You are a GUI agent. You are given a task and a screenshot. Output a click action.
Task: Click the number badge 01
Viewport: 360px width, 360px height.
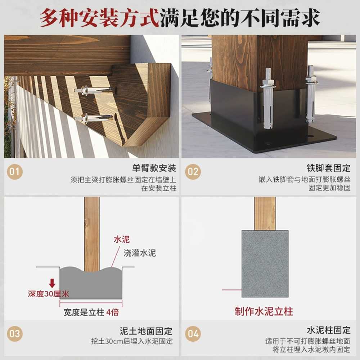click(15, 171)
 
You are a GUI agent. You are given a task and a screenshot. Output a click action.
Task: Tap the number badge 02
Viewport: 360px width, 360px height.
click(193, 171)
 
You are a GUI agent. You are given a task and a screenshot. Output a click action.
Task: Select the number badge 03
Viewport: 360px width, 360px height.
click(15, 333)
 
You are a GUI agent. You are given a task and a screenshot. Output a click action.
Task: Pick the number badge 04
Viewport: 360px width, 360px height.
click(193, 333)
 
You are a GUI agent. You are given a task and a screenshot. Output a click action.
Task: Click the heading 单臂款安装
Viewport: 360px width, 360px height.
click(154, 168)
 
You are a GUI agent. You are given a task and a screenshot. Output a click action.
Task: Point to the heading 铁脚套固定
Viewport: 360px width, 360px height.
click(329, 168)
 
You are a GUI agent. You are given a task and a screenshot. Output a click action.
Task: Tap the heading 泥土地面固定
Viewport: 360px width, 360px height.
click(146, 331)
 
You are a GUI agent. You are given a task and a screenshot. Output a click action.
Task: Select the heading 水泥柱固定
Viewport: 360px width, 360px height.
click(329, 330)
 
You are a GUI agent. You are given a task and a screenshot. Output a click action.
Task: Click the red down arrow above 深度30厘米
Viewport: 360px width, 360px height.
click(52, 283)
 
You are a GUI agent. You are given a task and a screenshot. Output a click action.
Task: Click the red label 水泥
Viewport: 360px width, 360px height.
click(122, 239)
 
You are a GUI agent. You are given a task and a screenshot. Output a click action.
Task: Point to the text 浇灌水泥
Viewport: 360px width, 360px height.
click(140, 253)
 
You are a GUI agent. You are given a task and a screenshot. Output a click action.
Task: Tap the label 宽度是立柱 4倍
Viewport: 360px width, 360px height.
click(91, 312)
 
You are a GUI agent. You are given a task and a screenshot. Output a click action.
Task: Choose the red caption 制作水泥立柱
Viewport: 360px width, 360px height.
click(264, 311)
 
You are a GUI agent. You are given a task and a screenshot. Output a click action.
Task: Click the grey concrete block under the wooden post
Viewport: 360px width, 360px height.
click(265, 264)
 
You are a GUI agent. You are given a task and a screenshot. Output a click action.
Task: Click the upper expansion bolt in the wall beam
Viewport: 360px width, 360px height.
click(94, 90)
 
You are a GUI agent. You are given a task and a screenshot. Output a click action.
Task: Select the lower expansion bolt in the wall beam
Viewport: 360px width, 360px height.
click(94, 118)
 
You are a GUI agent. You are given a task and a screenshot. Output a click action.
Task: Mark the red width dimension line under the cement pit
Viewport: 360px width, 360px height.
click(91, 303)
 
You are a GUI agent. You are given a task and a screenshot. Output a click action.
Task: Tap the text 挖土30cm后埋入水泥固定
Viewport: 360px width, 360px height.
click(132, 341)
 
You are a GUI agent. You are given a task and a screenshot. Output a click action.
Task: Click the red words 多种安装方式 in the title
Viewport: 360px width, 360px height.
click(99, 18)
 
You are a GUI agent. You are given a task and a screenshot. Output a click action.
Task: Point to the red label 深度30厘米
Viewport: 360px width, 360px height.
click(49, 294)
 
